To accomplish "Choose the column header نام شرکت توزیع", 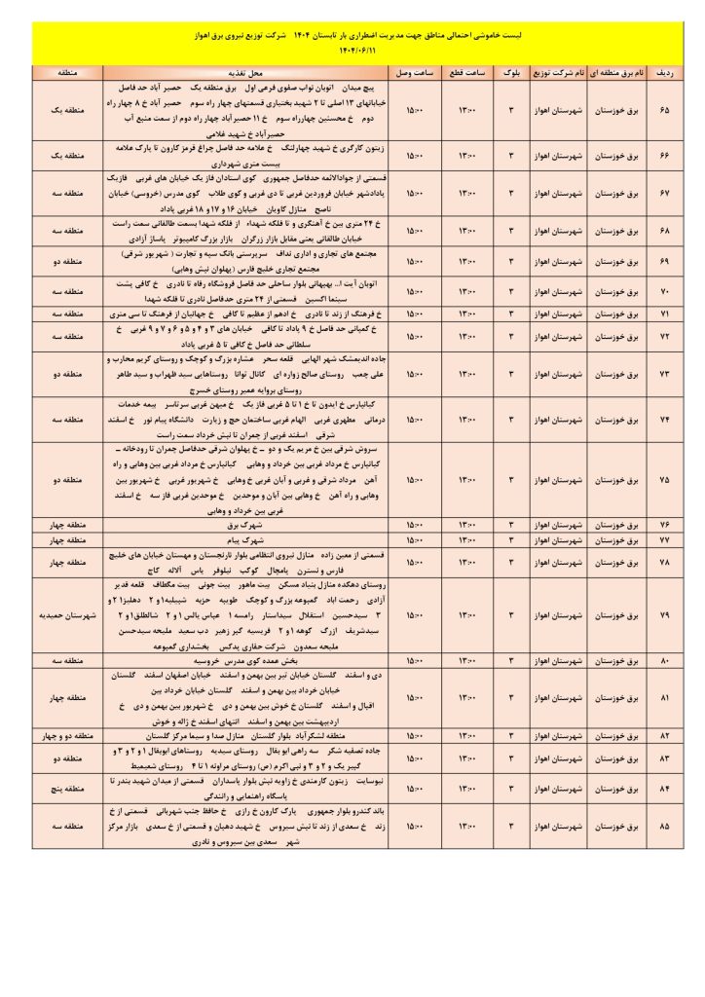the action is coord(558,74).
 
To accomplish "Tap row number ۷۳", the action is coord(664,373).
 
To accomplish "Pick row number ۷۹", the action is coord(664,616).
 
